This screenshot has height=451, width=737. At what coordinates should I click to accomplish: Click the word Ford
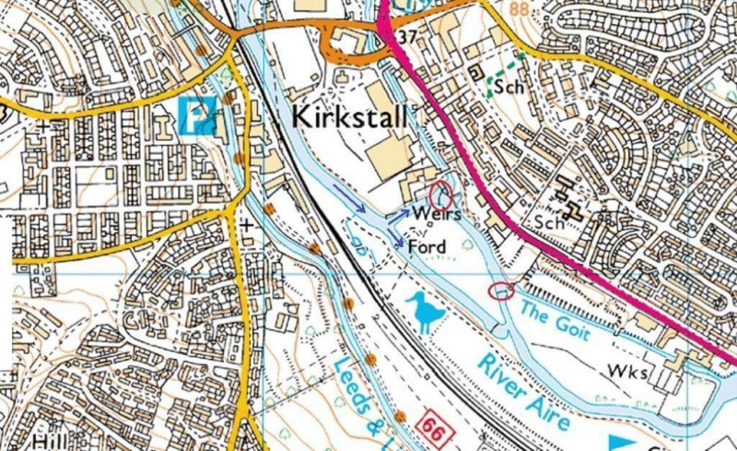pyautogui.click(x=426, y=247)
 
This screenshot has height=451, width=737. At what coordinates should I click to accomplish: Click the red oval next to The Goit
pyautogui.click(x=501, y=292)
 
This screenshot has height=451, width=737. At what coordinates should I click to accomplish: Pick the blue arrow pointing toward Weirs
pyautogui.click(x=398, y=214)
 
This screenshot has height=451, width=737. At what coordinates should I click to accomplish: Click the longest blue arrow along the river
pyautogui.click(x=347, y=196)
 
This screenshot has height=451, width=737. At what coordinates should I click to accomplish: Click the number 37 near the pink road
pyautogui.click(x=408, y=35)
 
